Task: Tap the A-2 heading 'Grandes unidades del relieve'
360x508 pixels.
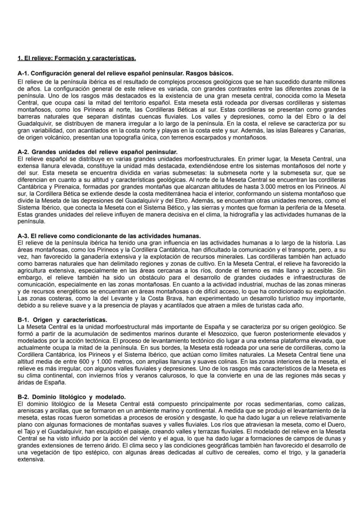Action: coord(97,152)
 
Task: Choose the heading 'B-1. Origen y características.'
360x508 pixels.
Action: coord(62,319)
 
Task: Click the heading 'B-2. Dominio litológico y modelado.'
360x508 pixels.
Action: coord(71,397)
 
